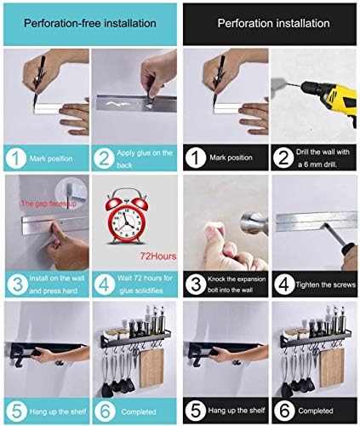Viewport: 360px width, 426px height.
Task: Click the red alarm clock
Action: pos(126,216)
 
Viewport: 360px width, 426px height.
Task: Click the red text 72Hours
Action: pos(158,256)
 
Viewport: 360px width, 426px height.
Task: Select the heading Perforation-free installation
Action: pos(90,23)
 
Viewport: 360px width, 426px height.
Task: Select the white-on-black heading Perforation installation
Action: pos(273,23)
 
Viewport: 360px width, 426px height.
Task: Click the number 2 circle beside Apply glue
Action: pos(104,158)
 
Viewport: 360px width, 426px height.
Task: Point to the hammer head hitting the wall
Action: pos(254,223)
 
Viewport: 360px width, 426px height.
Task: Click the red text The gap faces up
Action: pos(49,204)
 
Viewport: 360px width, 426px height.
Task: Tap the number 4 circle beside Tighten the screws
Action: pos(283,284)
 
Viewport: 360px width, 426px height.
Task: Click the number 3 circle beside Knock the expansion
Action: pos(196,284)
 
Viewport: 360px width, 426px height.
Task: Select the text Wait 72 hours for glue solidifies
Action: pos(145,284)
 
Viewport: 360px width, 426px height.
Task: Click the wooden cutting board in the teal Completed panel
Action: pos(151,367)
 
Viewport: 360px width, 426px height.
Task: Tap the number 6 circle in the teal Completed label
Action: pos(105,412)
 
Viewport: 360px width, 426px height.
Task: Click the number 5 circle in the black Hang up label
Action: pos(195,411)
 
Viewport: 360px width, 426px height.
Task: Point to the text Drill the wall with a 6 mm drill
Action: pos(323,158)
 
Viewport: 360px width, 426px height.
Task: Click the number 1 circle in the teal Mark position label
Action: pos(16,158)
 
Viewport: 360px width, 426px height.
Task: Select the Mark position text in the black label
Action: pos(231,158)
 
